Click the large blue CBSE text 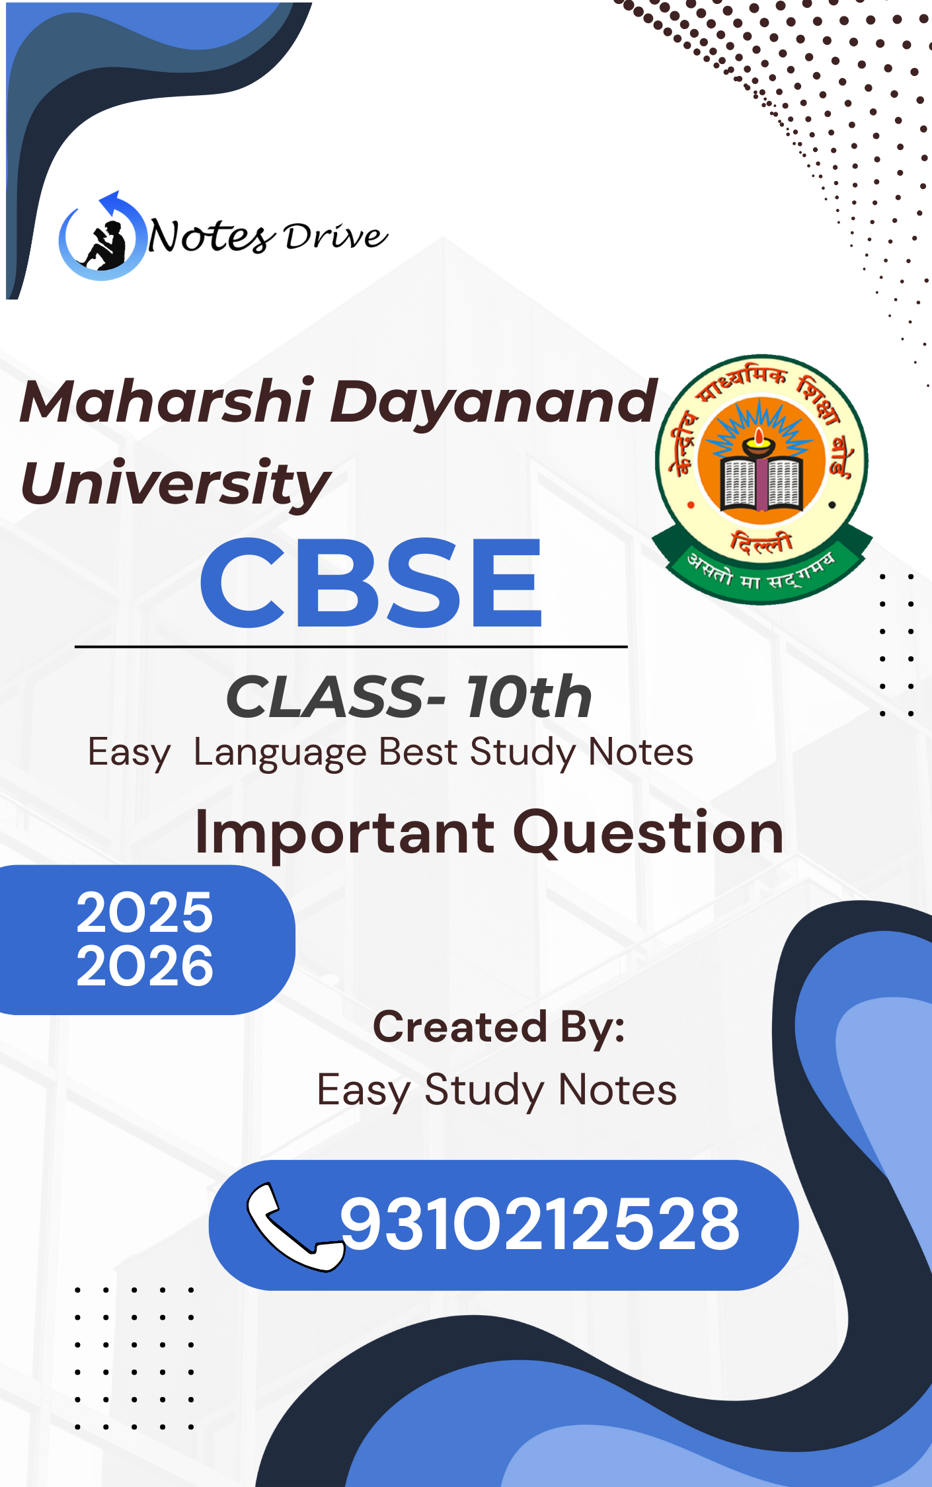pos(371,582)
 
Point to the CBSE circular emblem pos(762,479)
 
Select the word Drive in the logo pos(336,236)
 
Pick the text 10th pos(529,697)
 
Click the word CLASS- pos(336,697)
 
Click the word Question pos(648,833)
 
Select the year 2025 pos(145,913)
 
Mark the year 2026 pos(145,966)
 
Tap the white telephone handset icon pos(295,1226)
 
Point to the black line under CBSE pos(351,647)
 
